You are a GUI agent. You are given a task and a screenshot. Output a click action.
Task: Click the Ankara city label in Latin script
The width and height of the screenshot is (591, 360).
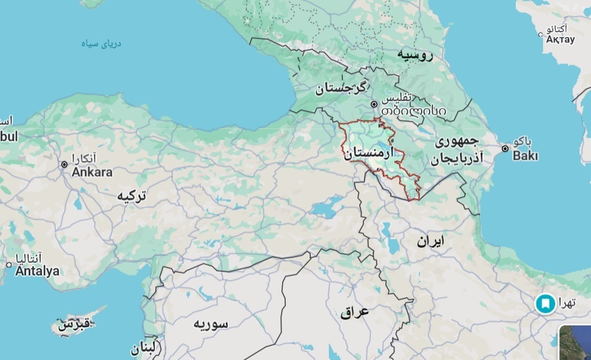tap(92, 172)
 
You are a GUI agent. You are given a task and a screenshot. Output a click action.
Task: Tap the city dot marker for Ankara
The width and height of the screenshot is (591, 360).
tap(64, 165)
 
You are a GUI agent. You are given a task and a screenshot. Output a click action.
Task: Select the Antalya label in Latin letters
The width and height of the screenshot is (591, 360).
tap(37, 271)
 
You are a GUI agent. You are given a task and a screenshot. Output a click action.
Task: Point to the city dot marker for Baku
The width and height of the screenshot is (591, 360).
tap(505, 148)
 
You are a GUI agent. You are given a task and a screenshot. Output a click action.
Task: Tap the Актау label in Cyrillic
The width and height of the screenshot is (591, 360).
tap(559, 39)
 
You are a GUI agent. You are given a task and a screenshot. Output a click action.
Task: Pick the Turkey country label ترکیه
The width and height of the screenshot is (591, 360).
tap(133, 196)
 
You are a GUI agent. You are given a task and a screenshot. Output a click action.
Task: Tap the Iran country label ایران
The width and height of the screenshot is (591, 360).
tap(430, 241)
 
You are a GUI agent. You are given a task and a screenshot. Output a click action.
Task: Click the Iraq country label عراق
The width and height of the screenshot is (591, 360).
tap(355, 312)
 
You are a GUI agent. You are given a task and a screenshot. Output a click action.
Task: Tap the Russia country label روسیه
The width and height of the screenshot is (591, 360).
tap(416, 55)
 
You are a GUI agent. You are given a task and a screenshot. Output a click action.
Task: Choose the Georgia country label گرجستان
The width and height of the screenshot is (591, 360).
tap(342, 88)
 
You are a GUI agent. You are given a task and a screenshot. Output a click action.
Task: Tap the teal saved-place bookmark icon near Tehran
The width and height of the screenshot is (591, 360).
tap(545, 303)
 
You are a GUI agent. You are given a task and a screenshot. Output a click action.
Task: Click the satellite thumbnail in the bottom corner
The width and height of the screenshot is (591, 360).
tap(575, 344)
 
